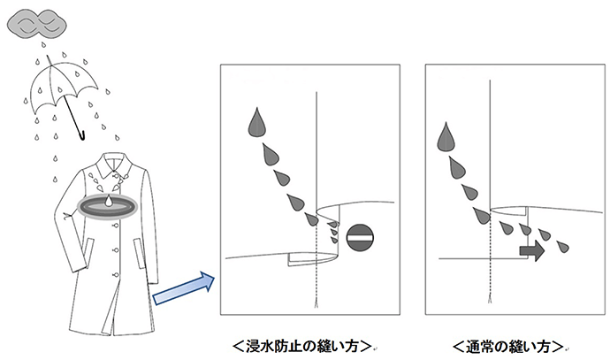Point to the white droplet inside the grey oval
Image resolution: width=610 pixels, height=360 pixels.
point(108,203)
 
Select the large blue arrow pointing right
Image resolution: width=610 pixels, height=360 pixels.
point(182,290)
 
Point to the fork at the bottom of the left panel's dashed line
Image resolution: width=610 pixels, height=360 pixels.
point(316,305)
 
